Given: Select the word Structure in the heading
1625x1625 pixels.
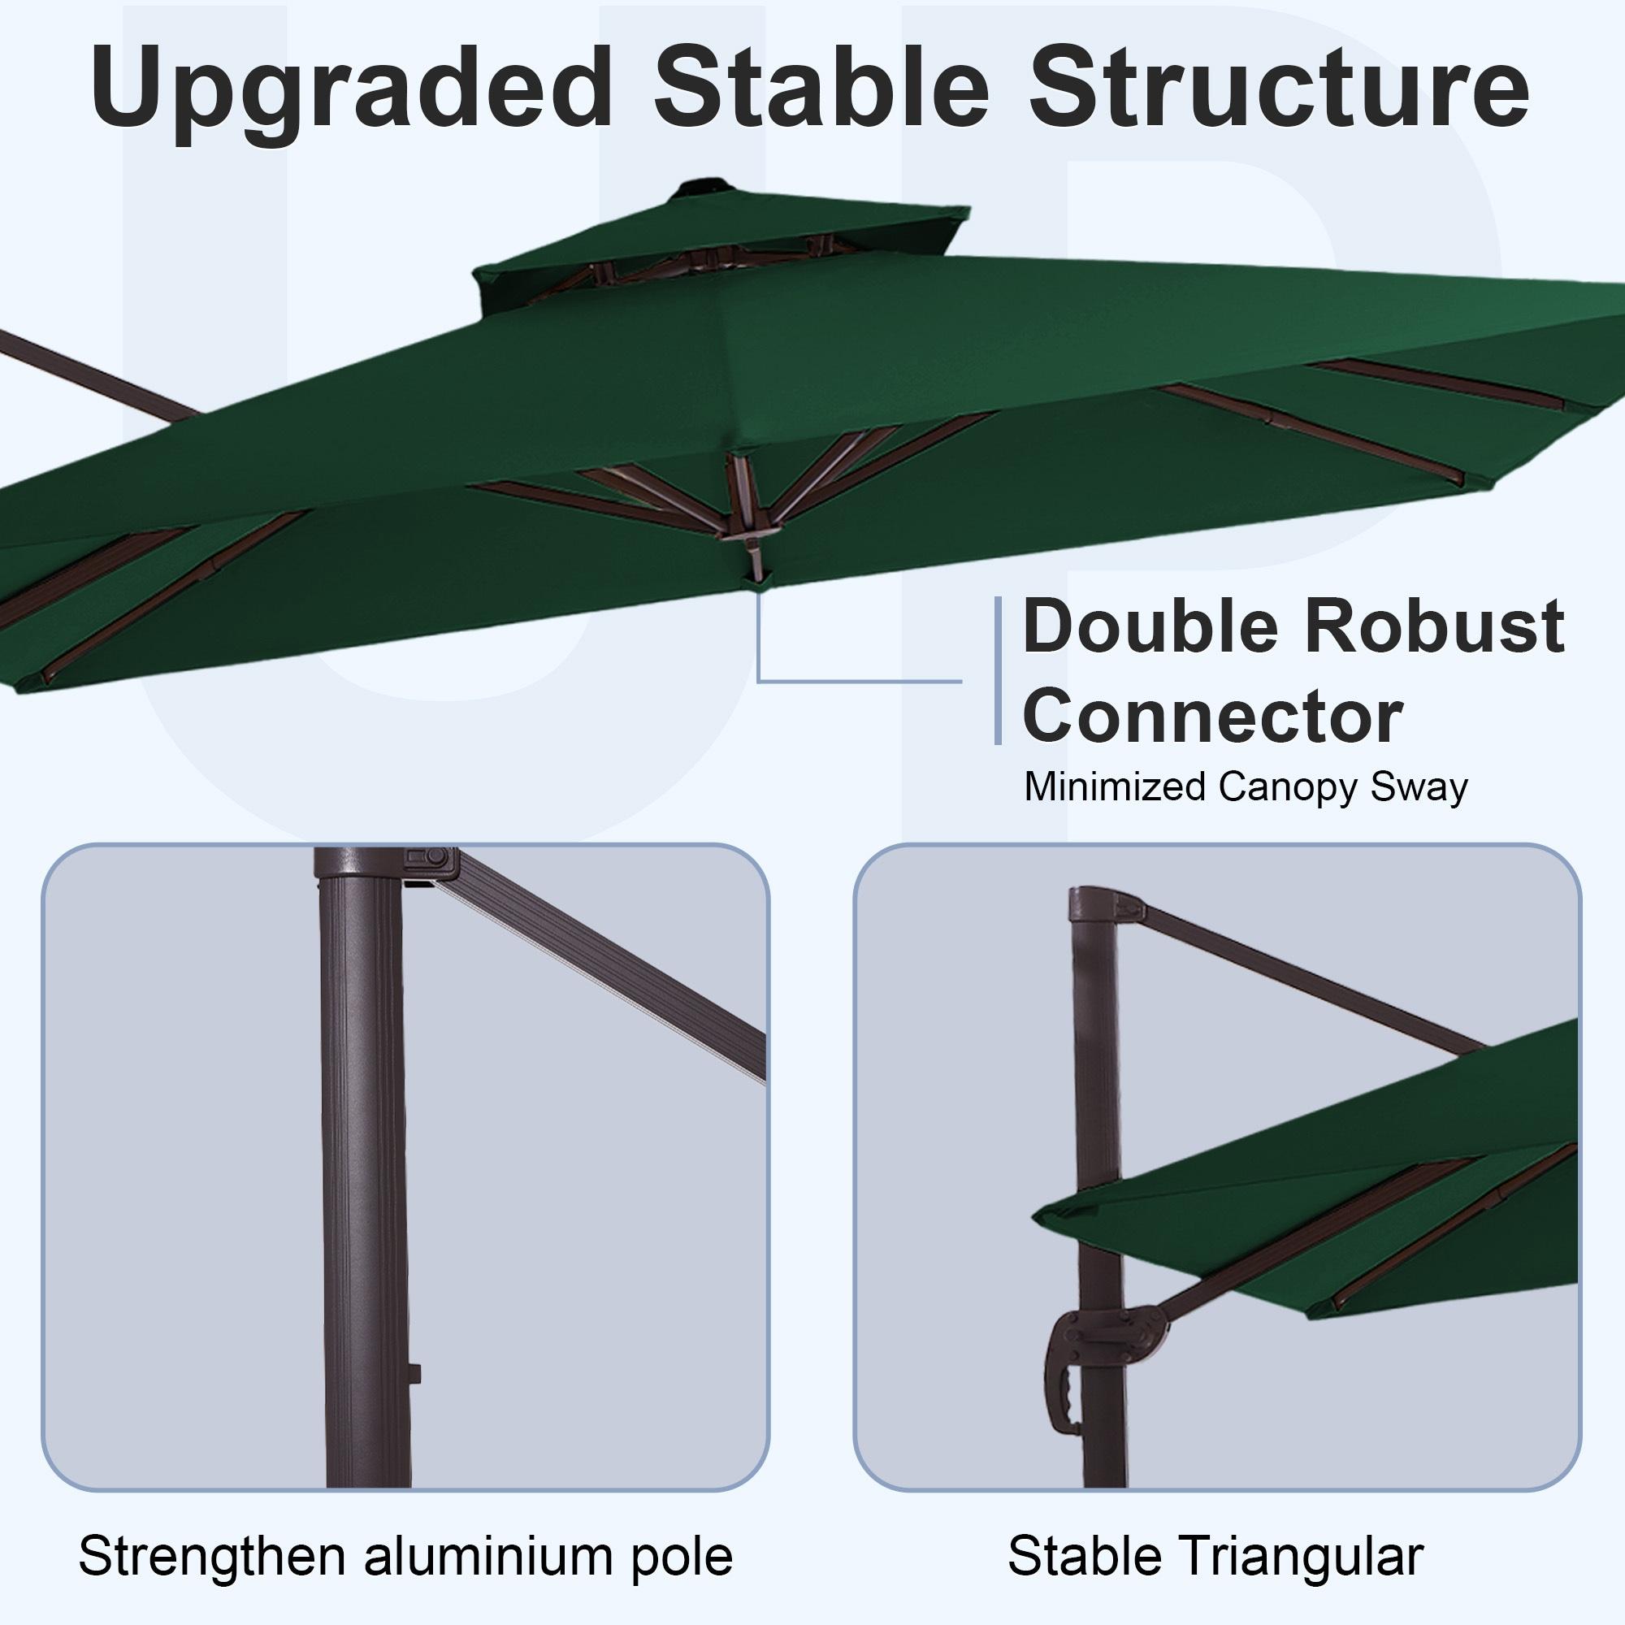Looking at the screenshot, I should (x=1278, y=89).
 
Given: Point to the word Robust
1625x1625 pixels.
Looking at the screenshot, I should (x=1430, y=627).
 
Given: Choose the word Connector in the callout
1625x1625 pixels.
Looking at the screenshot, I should (x=1211, y=717).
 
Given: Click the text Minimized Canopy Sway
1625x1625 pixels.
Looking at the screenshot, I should (x=1246, y=787).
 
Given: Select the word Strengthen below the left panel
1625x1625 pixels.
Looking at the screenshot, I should (x=214, y=1556).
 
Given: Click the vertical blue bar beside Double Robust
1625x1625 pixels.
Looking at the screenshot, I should (x=999, y=670).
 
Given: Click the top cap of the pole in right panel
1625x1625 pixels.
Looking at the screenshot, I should (x=1094, y=903).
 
